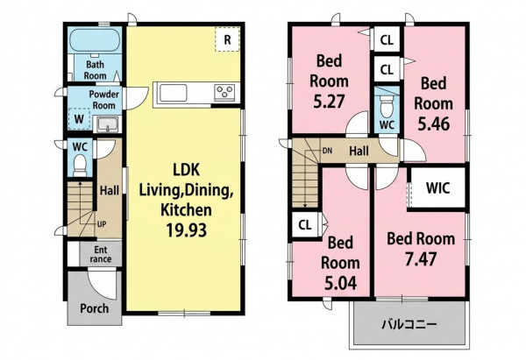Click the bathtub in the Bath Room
pos(95,40)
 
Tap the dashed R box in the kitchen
pos(227,39)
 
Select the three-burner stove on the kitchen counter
pos(224,93)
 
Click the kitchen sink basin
pos(173,93)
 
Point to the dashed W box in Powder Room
pos(79,119)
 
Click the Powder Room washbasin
pos(107,124)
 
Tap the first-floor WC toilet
pos(80,166)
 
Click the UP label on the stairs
pos(102,224)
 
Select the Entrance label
pos(101,254)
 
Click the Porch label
pos(95,308)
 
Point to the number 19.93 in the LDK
pos(187,230)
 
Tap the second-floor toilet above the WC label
pos(387,107)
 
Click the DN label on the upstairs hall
pos(327,151)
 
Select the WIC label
pos(437,188)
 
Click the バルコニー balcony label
pos(409,324)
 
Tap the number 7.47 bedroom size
pos(421,259)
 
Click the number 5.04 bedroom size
pos(340,284)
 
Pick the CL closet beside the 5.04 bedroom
pos(305,225)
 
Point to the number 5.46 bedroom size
pos(433,124)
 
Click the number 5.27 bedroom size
pos(329,102)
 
